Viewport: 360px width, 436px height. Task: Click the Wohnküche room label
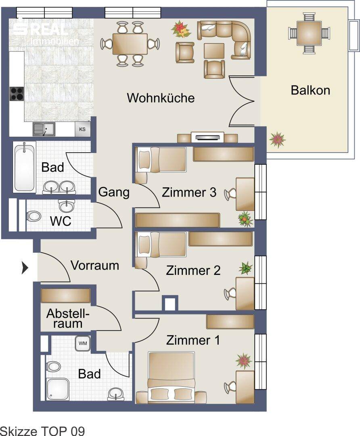click(161, 98)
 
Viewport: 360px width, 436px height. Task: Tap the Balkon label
click(310, 90)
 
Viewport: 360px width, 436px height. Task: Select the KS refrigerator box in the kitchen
click(82, 129)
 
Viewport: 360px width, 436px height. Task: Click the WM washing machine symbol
click(83, 344)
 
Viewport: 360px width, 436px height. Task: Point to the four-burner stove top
click(17, 94)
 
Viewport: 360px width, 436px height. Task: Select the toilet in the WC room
click(33, 216)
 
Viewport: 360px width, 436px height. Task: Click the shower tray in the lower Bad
click(58, 389)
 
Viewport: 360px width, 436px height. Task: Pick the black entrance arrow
click(25, 268)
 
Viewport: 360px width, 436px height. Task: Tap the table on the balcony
click(309, 33)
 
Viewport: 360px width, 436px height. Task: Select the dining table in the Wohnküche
click(130, 44)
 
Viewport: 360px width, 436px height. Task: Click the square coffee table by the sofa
click(214, 51)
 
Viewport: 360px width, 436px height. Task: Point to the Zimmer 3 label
click(189, 193)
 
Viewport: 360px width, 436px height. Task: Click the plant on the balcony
click(277, 139)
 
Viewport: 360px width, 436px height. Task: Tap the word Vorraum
click(95, 265)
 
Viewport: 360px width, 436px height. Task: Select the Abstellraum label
click(68, 319)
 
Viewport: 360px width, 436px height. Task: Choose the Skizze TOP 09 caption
click(42, 431)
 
